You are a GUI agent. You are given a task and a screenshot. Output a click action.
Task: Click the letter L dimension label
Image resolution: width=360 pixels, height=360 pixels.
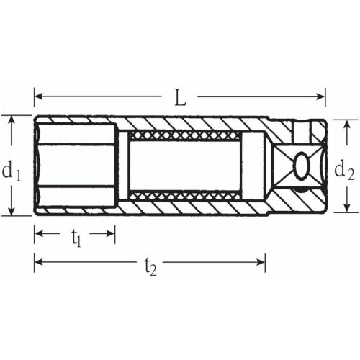(180, 97)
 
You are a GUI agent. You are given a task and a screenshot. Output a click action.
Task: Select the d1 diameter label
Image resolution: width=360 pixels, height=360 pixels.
(13, 171)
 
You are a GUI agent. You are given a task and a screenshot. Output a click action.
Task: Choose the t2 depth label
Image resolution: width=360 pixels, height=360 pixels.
(150, 266)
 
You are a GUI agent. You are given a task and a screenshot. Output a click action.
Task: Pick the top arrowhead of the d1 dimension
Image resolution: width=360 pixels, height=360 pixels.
(12, 120)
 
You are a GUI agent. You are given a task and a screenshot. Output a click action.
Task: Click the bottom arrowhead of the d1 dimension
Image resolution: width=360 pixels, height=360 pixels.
(12, 210)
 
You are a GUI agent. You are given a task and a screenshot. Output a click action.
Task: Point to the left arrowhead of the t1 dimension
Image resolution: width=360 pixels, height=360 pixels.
(38, 233)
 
